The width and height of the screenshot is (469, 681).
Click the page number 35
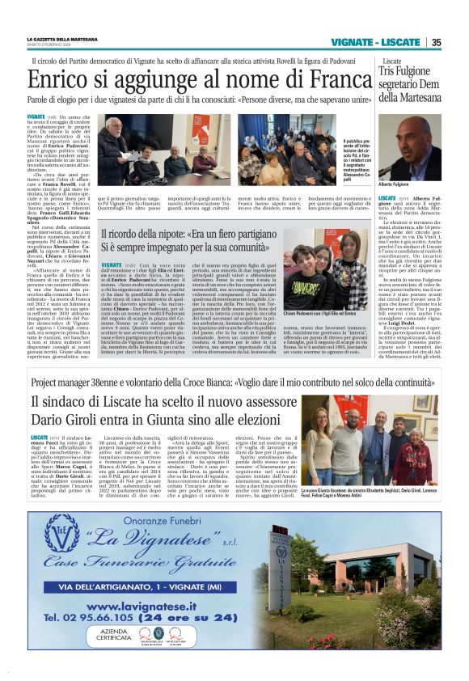[x=436, y=42]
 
